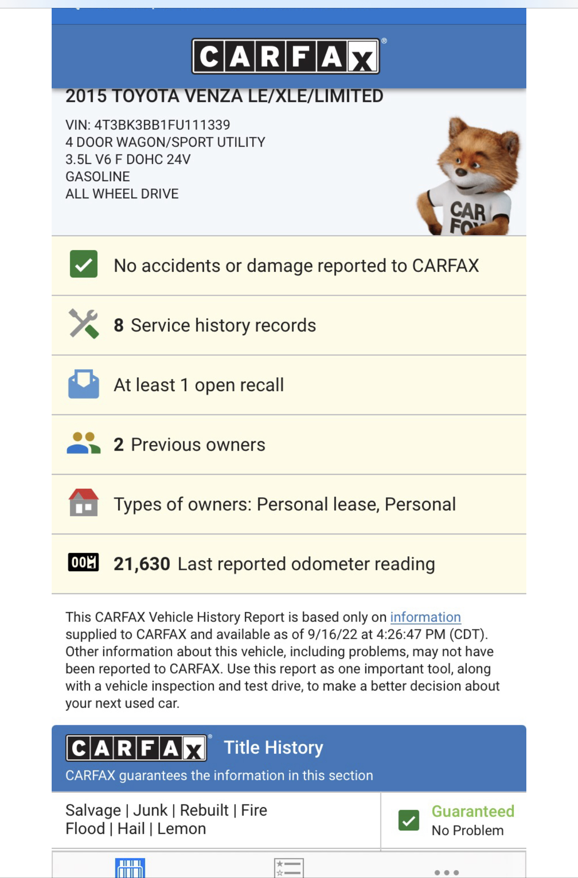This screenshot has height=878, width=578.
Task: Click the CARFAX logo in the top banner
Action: click(x=285, y=56)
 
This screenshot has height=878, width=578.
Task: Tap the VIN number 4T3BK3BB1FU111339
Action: click(x=162, y=125)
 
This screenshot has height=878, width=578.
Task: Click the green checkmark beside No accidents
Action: click(x=84, y=264)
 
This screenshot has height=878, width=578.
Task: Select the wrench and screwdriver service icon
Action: click(x=84, y=324)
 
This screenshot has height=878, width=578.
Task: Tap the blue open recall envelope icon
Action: click(x=84, y=384)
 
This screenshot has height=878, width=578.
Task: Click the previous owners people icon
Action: click(x=83, y=443)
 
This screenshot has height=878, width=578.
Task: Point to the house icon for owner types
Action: click(x=84, y=503)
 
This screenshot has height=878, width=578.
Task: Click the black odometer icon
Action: click(x=83, y=562)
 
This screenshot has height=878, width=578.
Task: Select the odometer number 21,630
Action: click(x=142, y=564)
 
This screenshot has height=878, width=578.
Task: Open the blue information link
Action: click(x=425, y=617)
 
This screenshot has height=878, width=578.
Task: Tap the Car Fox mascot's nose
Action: click(x=461, y=172)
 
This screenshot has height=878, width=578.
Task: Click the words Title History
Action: click(x=273, y=747)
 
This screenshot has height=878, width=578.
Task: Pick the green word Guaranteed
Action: click(x=473, y=811)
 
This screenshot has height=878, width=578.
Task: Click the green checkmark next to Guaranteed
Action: click(x=409, y=820)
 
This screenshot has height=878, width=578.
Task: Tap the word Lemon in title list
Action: click(x=181, y=829)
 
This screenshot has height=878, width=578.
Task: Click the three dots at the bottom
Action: click(x=446, y=872)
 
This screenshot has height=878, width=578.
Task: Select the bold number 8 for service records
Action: click(x=119, y=325)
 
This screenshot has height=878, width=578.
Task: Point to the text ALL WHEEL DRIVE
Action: click(x=122, y=194)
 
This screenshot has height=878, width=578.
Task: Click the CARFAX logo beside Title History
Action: click(x=136, y=748)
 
